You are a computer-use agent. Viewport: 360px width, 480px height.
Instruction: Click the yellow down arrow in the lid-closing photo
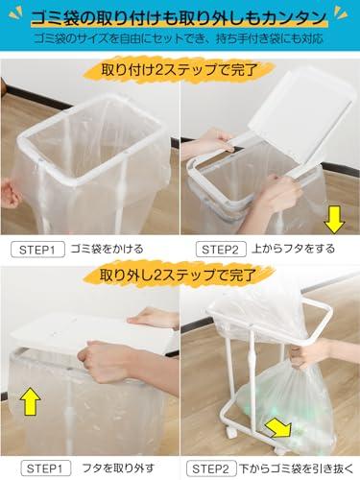334,220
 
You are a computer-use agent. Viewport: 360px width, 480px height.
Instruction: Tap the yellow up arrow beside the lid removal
30,401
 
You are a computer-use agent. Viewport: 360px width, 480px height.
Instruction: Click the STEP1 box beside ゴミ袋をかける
37,250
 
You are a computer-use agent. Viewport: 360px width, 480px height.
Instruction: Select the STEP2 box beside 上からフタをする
221,250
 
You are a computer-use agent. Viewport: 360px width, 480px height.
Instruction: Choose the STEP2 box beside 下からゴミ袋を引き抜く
211,469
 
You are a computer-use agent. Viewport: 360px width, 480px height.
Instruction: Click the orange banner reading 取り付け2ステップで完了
180,70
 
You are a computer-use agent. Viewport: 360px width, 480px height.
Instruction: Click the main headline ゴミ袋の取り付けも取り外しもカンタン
180,17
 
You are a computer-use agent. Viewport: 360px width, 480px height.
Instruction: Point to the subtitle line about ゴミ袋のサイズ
179,38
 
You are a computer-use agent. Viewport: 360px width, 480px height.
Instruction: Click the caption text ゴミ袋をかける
108,249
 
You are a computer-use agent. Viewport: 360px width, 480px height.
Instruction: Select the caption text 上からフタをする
293,249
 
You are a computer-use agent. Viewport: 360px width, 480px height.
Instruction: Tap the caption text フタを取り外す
118,468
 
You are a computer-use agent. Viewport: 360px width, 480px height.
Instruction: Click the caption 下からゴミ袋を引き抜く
297,469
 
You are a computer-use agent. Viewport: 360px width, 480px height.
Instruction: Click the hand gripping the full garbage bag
306,353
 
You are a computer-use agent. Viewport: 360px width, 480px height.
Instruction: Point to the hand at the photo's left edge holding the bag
10,194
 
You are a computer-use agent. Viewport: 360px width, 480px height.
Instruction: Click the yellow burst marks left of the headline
16,13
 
